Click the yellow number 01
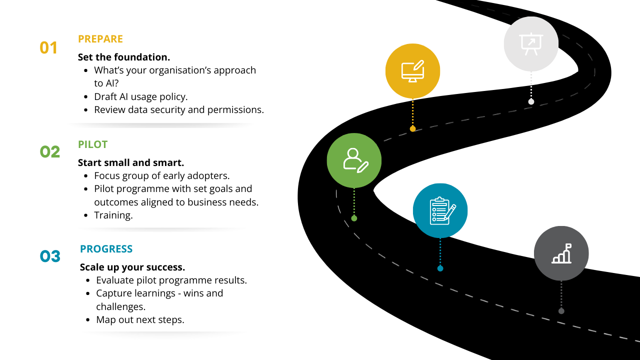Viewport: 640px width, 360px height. (48, 47)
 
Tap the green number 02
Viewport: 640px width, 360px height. (49, 151)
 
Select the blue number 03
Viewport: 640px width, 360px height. (50, 256)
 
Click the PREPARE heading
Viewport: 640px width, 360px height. (100, 39)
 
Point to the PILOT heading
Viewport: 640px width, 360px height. (92, 144)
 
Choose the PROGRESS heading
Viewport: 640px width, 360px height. (106, 249)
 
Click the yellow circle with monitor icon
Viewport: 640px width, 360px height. (412, 70)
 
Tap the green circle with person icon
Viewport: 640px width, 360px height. (354, 160)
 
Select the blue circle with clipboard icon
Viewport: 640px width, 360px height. (440, 210)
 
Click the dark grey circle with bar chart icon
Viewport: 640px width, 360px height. (561, 253)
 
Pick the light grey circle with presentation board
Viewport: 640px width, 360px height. (531, 44)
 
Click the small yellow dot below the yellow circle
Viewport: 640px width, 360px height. (412, 129)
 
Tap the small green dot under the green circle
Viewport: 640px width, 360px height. (354, 218)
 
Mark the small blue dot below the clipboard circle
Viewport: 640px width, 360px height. (440, 268)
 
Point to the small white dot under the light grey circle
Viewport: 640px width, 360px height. (531, 101)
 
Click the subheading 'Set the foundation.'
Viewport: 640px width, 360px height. (124, 57)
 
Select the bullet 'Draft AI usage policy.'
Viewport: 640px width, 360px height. (140, 96)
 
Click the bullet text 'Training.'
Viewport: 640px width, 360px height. (113, 215)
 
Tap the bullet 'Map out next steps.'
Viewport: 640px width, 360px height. (140, 319)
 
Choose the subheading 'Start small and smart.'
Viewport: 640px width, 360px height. (131, 162)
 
